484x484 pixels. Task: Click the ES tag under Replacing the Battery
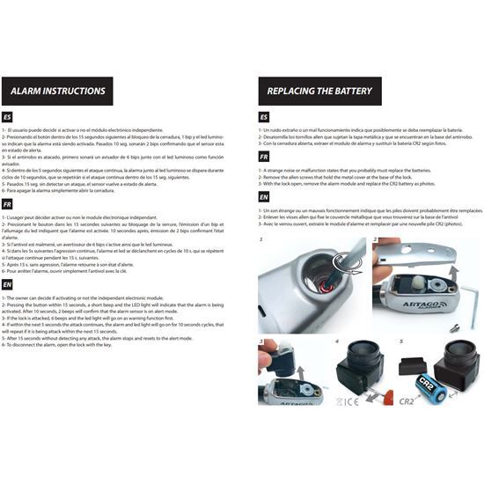(x=265, y=117)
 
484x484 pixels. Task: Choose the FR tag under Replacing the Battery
(x=265, y=157)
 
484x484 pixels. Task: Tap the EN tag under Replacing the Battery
(x=265, y=197)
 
